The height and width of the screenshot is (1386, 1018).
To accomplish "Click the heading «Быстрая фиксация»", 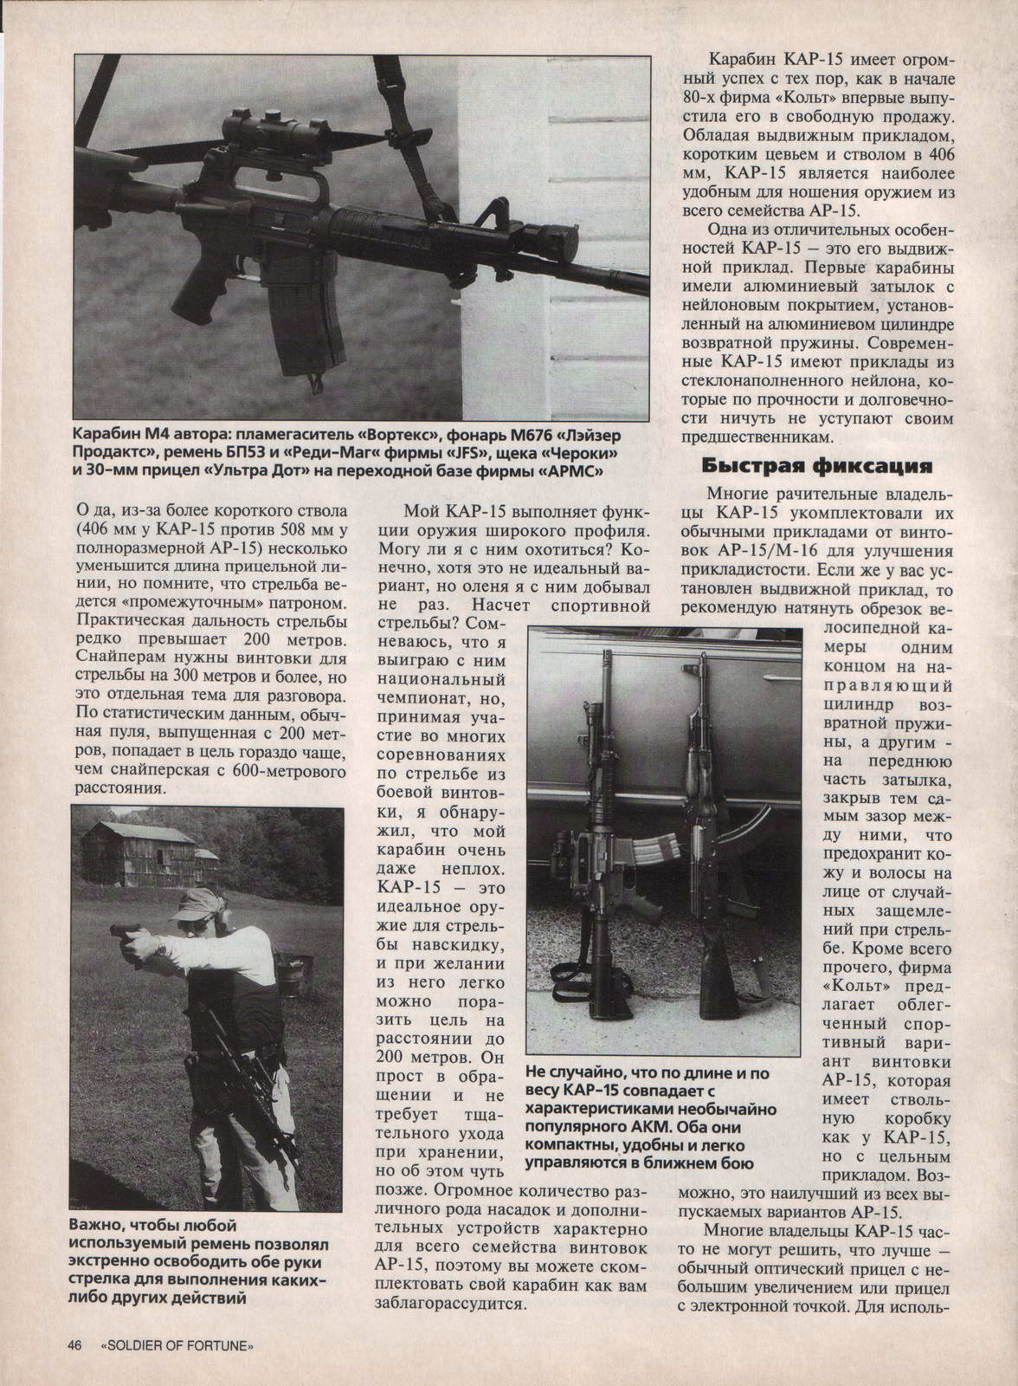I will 815,466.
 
